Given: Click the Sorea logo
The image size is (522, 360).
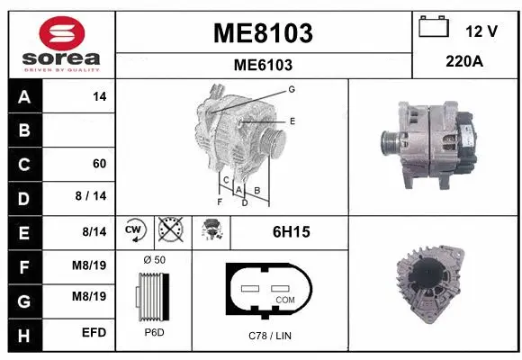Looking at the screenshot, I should tap(59, 43).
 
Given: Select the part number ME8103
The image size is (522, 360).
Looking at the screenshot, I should tap(262, 33).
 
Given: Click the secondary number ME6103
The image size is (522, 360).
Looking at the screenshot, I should tap(262, 65).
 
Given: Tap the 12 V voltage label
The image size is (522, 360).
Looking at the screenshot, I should tap(481, 31).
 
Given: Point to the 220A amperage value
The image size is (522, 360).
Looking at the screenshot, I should tap(465, 64).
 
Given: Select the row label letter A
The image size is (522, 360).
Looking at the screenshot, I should tap(23, 95).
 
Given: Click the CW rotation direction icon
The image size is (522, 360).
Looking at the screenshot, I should tap(132, 231).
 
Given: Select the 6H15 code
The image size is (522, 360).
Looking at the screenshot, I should tap(291, 232).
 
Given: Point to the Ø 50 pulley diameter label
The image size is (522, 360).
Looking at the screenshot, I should tap(154, 260).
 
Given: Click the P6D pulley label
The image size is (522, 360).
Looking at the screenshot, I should tap(154, 331).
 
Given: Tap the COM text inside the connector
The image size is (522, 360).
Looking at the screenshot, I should tap(285, 299).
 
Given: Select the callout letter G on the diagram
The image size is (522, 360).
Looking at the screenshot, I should tap(292, 89).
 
